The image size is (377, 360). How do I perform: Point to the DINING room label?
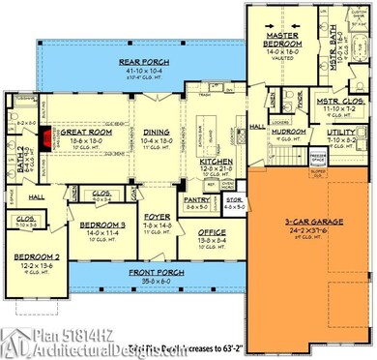coord(158,134)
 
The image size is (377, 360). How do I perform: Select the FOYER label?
coord(157,218)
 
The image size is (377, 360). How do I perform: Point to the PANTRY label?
coord(198,199)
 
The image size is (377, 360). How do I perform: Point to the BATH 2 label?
coord(20,151)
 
